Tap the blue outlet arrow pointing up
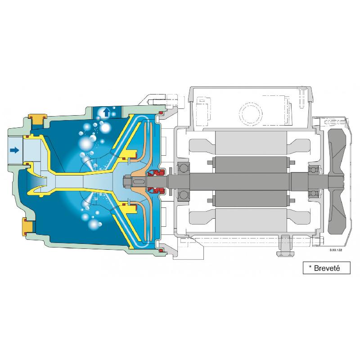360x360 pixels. click(x=107, y=112)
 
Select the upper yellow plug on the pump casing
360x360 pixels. click(x=36, y=119)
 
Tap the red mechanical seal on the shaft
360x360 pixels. click(x=156, y=180)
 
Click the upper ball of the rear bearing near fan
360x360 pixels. click(x=312, y=170)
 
